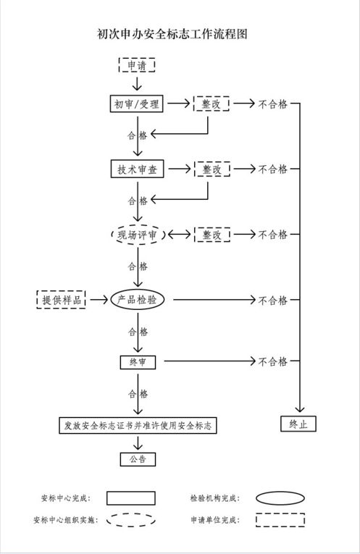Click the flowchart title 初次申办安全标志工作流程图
pyautogui.click(x=172, y=34)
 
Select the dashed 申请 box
pyautogui.click(x=137, y=65)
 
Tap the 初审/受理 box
pyautogui.click(x=136, y=104)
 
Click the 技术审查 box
pyautogui.click(x=138, y=169)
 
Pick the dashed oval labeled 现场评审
pyautogui.click(x=138, y=235)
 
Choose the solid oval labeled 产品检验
pyautogui.click(x=138, y=300)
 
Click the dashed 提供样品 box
pyautogui.click(x=61, y=300)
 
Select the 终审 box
pyautogui.click(x=138, y=362)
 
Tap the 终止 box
pyautogui.click(x=298, y=424)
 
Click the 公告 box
pyautogui.click(x=138, y=459)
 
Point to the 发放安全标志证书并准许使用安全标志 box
pyautogui.click(x=138, y=425)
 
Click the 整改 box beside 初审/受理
pyautogui.click(x=212, y=104)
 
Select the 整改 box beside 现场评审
pyautogui.click(x=212, y=235)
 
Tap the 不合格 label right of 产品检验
pyautogui.click(x=273, y=301)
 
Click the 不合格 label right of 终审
pyautogui.click(x=273, y=361)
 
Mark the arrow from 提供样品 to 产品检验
pyautogui.click(x=99, y=300)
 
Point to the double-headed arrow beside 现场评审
pyautogui.click(x=180, y=235)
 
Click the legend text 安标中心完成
pyautogui.click(x=66, y=498)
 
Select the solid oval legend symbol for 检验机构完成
pyautogui.click(x=280, y=498)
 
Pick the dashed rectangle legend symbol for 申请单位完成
pyautogui.click(x=280, y=520)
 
